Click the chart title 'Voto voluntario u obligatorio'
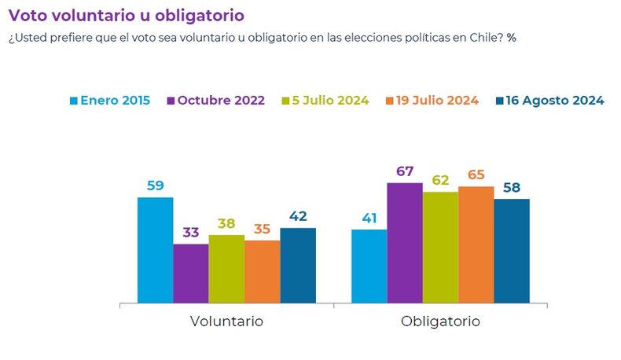click(126, 15)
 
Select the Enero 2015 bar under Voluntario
click(155, 250)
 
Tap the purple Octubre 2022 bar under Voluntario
click(190, 274)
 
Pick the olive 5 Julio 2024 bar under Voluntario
click(226, 269)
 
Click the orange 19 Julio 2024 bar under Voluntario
click(262, 271)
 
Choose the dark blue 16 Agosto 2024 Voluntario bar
click(298, 266)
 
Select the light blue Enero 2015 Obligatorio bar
click(369, 266)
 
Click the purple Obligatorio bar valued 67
click(404, 243)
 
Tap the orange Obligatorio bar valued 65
click(476, 244)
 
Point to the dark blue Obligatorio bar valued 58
click(512, 251)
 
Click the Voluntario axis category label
click(226, 322)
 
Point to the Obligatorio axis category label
click(440, 322)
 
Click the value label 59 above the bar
click(155, 186)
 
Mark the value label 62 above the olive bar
click(440, 180)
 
